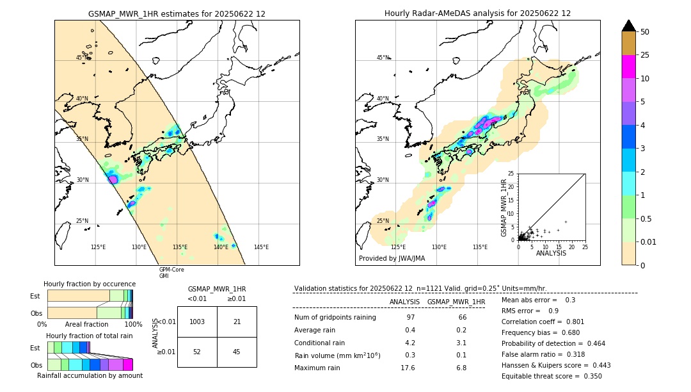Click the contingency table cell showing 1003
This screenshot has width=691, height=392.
click(x=197, y=322)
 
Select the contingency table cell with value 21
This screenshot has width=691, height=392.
click(x=237, y=322)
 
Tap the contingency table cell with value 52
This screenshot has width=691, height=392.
click(x=197, y=352)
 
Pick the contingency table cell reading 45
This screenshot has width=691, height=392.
click(x=237, y=352)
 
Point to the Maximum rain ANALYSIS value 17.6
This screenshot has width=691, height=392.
click(x=408, y=368)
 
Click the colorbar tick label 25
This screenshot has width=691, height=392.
click(x=645, y=55)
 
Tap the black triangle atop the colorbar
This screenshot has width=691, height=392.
click(x=629, y=26)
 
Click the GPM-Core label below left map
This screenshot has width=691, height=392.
click(x=171, y=270)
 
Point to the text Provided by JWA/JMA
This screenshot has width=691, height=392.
click(x=392, y=258)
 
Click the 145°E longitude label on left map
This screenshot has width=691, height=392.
click(x=261, y=247)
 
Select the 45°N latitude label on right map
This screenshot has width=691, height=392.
click(x=383, y=58)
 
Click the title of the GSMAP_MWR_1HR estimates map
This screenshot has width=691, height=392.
click(x=177, y=13)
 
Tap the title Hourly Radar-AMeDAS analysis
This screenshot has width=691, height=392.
click(x=477, y=13)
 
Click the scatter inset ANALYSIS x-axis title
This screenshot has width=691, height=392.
click(x=551, y=253)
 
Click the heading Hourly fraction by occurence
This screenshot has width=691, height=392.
click(x=90, y=284)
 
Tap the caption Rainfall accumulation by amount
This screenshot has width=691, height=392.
click(x=90, y=375)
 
